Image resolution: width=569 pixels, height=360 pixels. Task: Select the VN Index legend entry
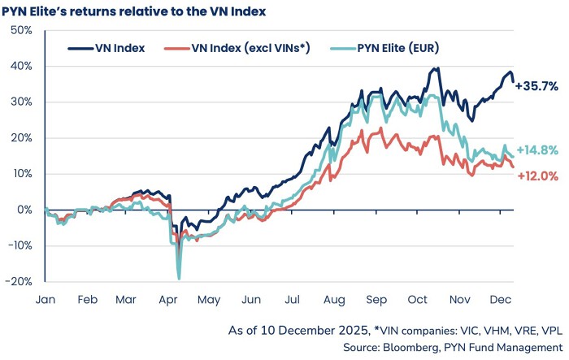pyautogui.click(x=118, y=47)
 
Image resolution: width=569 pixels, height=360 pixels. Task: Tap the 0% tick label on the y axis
pyautogui.click(x=24, y=210)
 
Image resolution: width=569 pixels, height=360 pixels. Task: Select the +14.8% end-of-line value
pyautogui.click(x=536, y=150)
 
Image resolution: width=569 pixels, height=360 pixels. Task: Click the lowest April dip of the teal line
pyautogui.click(x=178, y=279)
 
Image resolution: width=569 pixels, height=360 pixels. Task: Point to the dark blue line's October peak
pyautogui.click(x=438, y=68)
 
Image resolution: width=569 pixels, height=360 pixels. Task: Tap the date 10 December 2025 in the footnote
pyautogui.click(x=308, y=331)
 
